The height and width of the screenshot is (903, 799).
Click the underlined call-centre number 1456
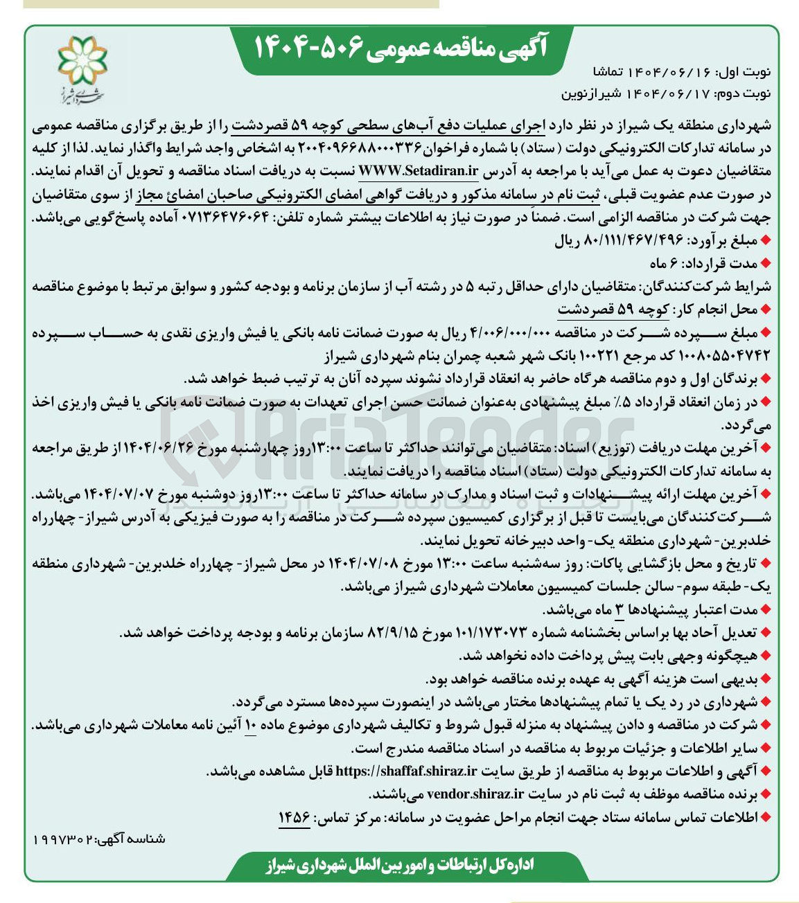click(x=294, y=818)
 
